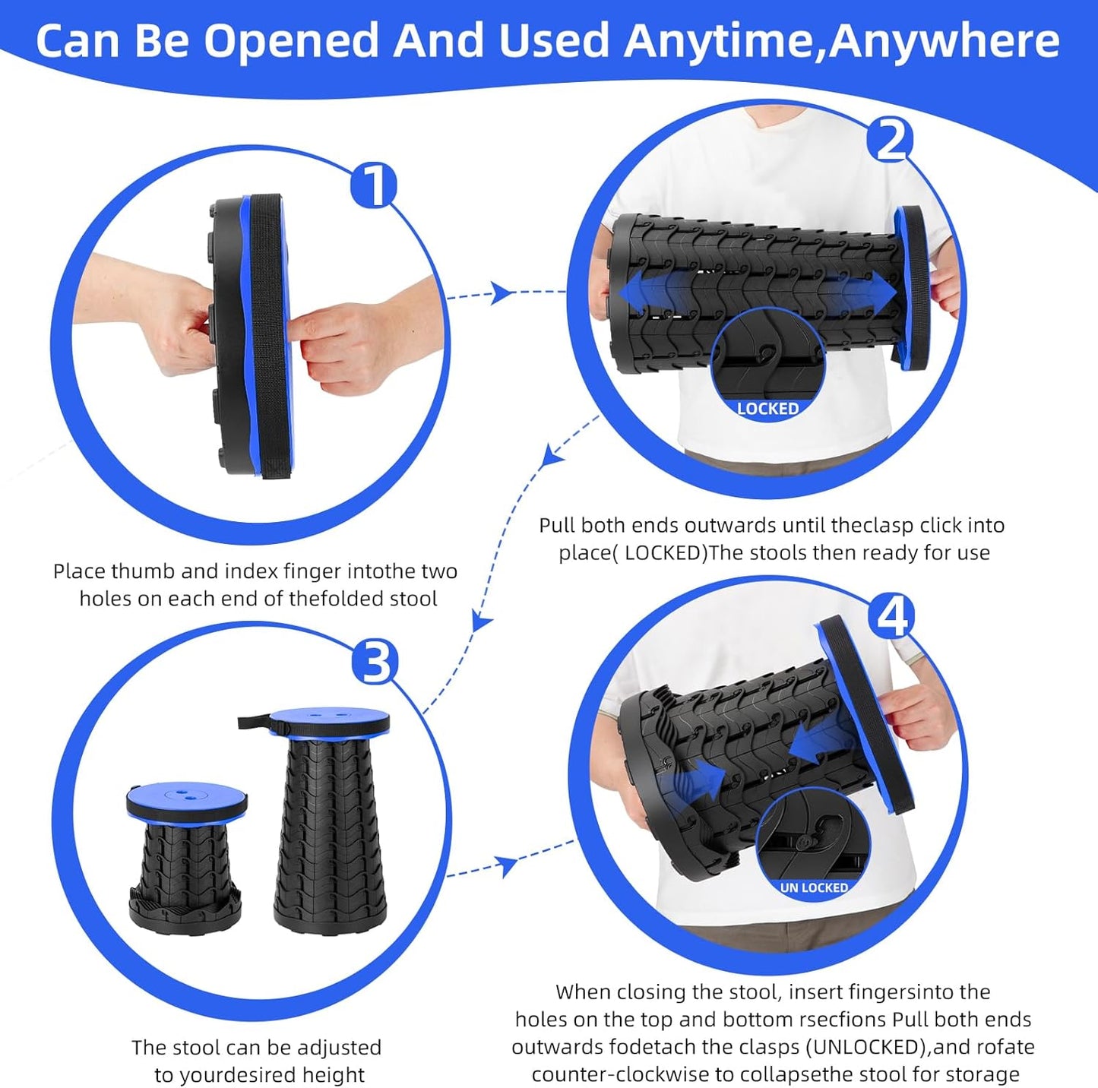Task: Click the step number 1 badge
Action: pyautogui.click(x=374, y=185)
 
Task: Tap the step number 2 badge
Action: pyautogui.click(x=891, y=140)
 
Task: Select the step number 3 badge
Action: pyautogui.click(x=375, y=662)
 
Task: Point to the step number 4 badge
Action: pyautogui.click(x=892, y=617)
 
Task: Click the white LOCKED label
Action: pyautogui.click(x=767, y=408)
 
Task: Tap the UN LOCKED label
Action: pyautogui.click(x=813, y=887)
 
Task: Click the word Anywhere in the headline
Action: pyautogui.click(x=944, y=41)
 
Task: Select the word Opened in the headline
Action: pyautogui.click(x=290, y=41)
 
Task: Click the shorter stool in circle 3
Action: pyautogui.click(x=185, y=855)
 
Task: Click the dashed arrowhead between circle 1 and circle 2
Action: pyautogui.click(x=502, y=293)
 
